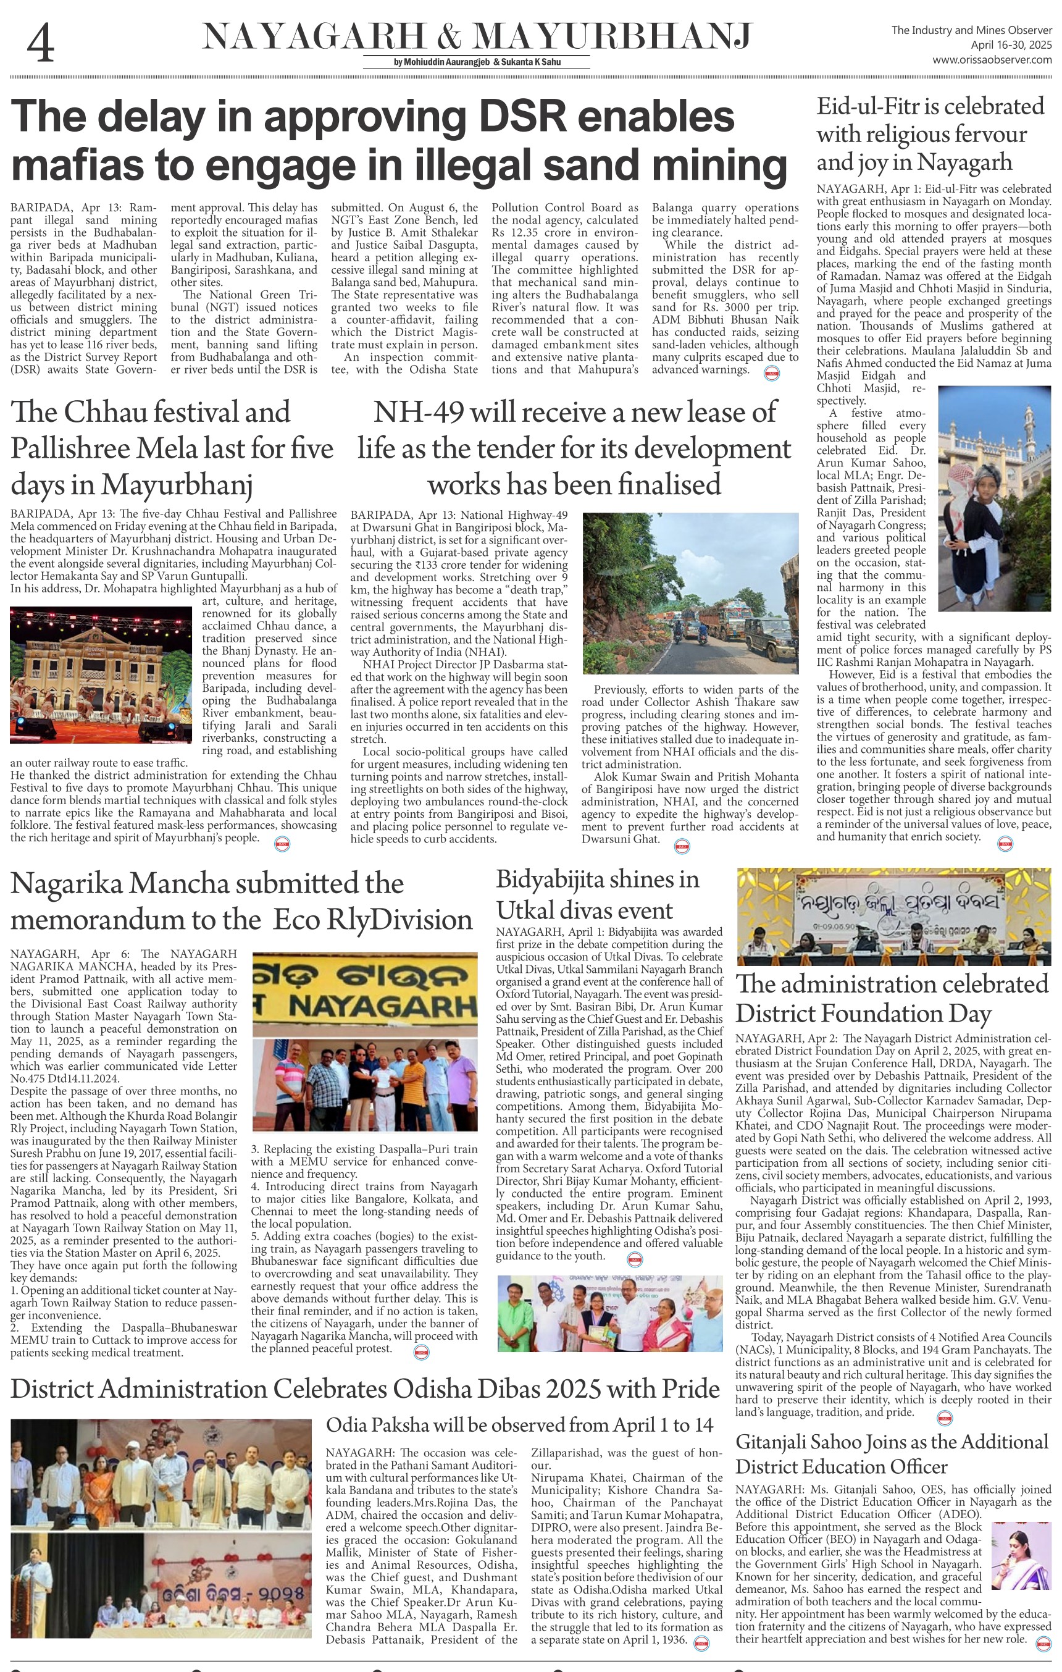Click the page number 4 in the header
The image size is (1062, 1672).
[x=40, y=44]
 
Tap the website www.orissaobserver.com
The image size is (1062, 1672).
[x=991, y=60]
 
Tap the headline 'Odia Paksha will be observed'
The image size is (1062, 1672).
[x=519, y=1425]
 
